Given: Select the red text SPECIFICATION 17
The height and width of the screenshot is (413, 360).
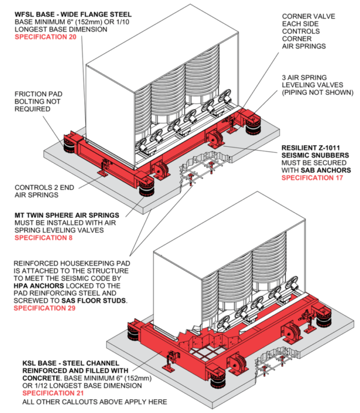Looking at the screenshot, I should tap(312, 178).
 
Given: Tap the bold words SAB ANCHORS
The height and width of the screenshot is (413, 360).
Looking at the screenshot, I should tap(326, 170).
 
